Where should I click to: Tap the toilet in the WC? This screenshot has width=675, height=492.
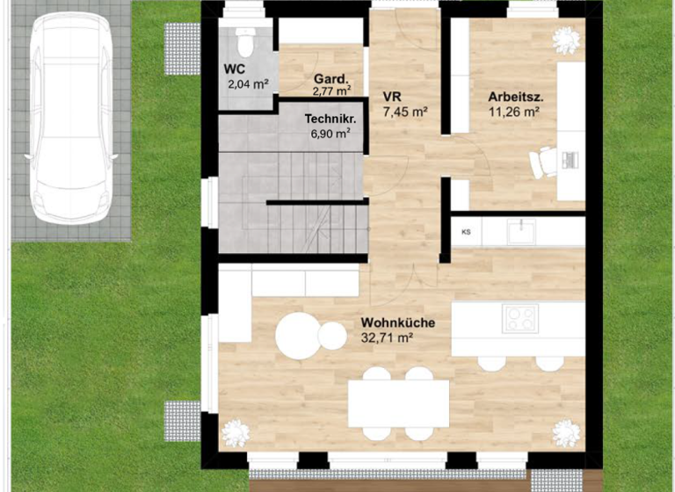tap(244, 40)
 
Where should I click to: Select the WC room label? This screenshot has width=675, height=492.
tap(234, 69)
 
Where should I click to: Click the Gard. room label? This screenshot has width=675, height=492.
tap(331, 76)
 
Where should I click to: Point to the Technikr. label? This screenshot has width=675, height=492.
tap(328, 119)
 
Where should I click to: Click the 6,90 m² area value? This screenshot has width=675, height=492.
tap(330, 134)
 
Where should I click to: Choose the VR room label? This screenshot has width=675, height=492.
tap(392, 98)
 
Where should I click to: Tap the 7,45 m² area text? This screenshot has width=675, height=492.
tap(405, 112)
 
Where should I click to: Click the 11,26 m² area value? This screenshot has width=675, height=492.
tap(514, 112)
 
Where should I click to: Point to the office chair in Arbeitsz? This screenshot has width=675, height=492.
tap(546, 162)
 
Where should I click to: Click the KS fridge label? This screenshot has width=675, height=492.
tap(465, 232)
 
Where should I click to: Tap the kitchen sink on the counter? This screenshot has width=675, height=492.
tap(524, 231)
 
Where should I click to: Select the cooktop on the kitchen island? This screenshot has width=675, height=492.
tap(520, 318)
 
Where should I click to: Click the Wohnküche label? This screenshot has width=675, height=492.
tap(397, 322)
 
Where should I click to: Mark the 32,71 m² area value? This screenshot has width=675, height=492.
tap(387, 336)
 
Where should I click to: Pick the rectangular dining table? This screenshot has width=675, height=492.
tap(398, 402)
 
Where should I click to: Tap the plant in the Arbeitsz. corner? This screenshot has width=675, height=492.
tap(563, 40)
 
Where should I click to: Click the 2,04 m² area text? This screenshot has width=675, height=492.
tap(248, 84)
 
